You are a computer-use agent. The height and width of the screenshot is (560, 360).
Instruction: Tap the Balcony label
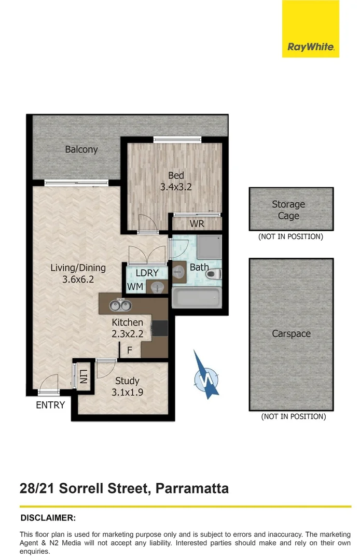click(81, 149)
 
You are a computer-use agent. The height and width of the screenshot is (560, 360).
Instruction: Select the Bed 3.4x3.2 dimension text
click(176, 187)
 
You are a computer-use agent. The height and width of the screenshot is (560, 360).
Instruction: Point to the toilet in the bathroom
click(215, 274)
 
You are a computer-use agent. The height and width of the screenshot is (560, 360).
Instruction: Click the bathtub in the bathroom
click(196, 299)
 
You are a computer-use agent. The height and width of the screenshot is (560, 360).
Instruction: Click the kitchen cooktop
click(160, 328)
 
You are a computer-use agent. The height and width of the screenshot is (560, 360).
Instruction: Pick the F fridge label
click(130, 350)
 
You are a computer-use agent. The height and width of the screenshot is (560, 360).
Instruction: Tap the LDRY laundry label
click(147, 273)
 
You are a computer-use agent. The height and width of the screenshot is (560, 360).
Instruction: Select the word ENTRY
click(50, 405)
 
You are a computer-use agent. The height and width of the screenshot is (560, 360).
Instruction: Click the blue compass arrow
click(205, 375)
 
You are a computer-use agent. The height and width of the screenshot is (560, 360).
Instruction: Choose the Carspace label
click(291, 334)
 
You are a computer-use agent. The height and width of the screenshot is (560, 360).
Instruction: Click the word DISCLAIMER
click(48, 517)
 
